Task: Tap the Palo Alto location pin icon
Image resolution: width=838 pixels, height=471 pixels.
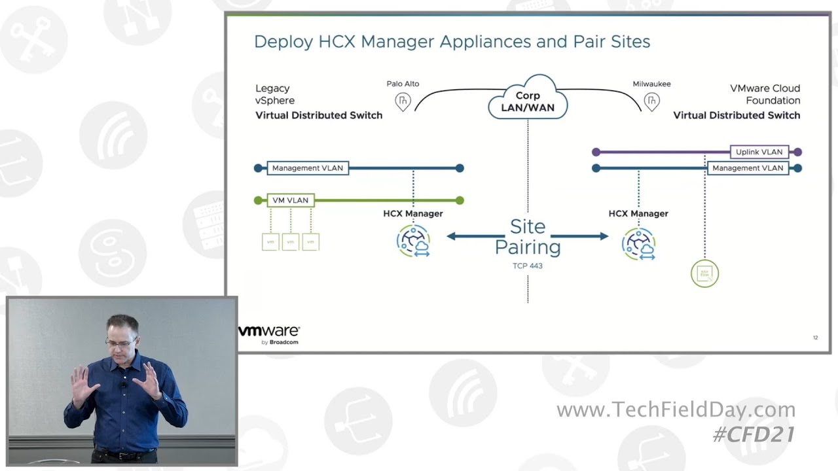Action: tap(403, 101)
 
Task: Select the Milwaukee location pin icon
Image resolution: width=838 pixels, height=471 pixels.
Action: tap(651, 101)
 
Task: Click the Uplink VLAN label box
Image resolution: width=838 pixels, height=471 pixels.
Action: tap(759, 152)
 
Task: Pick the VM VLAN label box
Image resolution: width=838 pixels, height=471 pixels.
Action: tap(290, 200)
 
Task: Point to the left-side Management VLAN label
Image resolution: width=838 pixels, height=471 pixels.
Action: tap(308, 168)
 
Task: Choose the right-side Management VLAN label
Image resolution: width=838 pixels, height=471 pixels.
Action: tap(748, 168)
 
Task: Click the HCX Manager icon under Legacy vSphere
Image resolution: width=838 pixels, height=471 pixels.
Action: tap(413, 241)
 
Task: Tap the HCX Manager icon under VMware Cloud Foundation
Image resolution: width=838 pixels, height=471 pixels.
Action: tap(638, 243)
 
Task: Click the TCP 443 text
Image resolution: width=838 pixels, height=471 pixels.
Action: tap(528, 266)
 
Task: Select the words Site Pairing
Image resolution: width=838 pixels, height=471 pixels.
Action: tap(528, 237)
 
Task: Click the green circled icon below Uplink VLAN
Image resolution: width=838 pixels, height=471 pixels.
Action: tap(704, 273)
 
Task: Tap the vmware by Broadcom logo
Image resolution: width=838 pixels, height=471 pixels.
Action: tap(269, 334)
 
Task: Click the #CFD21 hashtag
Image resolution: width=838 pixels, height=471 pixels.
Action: tap(754, 434)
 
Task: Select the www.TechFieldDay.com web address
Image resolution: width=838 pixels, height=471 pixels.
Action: tap(676, 410)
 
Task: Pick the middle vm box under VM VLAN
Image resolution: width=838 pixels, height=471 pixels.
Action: tap(291, 242)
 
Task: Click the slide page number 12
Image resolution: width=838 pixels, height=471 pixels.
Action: tap(815, 338)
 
